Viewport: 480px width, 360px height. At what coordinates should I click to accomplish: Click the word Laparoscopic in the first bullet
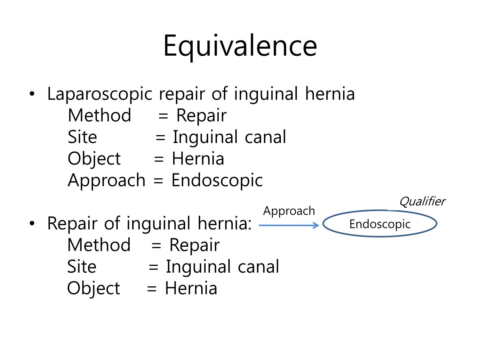[100, 94]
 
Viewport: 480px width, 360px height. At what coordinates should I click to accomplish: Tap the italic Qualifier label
[422, 201]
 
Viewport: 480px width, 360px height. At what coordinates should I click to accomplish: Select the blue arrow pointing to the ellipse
[289, 225]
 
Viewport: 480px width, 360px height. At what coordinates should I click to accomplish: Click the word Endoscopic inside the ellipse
[380, 225]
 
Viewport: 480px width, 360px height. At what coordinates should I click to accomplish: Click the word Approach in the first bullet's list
[107, 181]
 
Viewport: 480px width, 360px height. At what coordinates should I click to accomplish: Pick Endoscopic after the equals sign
[217, 181]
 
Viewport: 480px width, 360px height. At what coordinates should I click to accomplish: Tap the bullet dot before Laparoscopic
[32, 94]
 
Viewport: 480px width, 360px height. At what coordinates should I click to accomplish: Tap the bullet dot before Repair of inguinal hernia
[32, 223]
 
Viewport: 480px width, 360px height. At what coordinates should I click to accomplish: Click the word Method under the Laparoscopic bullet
[100, 116]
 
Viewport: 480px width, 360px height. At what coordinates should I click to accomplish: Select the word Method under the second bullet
[99, 245]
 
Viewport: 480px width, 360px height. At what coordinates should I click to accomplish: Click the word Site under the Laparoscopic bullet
[82, 137]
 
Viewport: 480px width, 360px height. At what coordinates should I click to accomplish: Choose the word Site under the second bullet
[82, 267]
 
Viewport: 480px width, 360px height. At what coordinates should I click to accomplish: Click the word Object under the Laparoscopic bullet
[94, 159]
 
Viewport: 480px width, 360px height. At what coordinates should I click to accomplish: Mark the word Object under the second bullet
[93, 289]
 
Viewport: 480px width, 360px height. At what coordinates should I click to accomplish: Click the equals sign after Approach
[158, 181]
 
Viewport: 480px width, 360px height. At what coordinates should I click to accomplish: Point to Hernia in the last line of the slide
[191, 288]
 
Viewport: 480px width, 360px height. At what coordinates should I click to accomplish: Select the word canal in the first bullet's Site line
[265, 137]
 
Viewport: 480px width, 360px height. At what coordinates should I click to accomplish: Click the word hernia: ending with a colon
[225, 223]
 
